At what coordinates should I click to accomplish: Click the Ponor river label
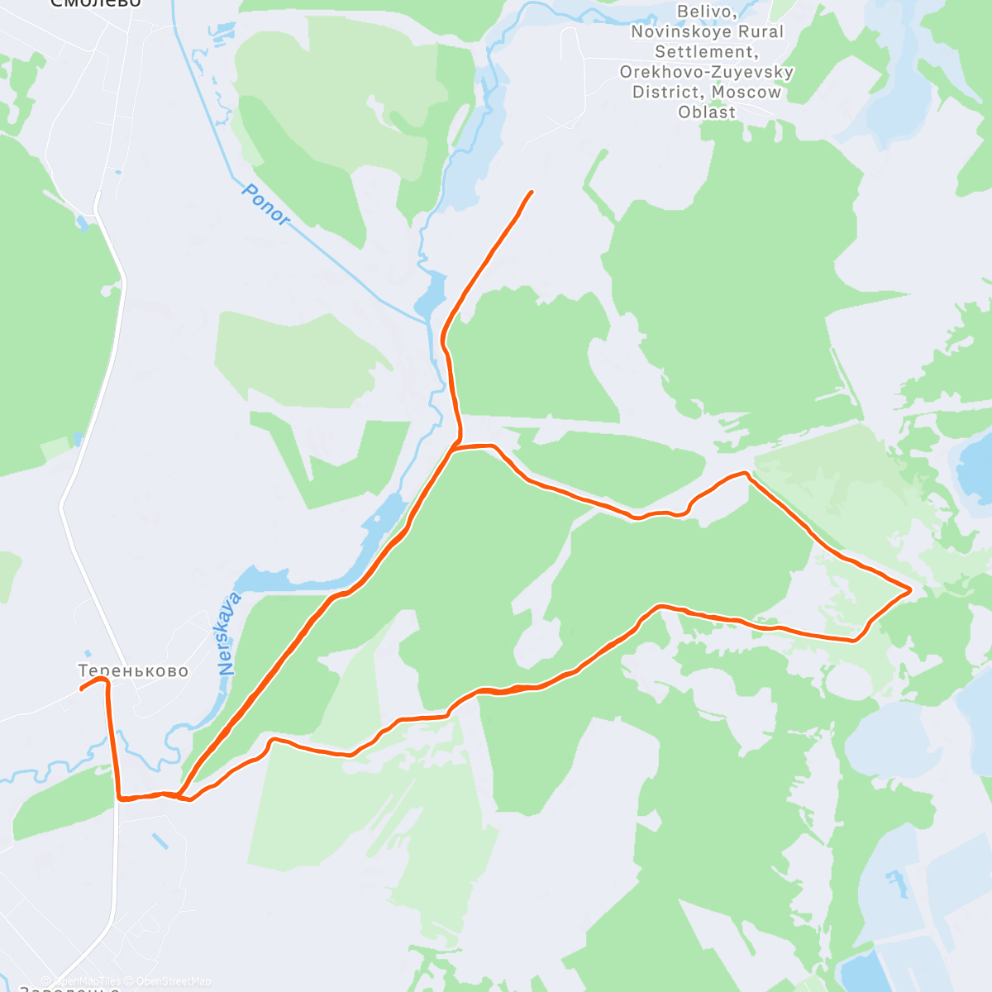click(266, 204)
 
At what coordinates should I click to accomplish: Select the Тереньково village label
click(133, 670)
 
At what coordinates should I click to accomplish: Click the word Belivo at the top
click(706, 12)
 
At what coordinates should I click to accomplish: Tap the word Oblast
click(707, 112)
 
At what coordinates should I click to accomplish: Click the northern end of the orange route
click(531, 192)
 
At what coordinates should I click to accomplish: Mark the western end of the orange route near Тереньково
click(81, 689)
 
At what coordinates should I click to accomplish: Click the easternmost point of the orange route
click(910, 589)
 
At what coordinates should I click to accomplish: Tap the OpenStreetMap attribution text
click(174, 981)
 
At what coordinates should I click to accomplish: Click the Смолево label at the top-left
click(95, 3)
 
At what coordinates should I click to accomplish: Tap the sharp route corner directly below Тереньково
click(122, 799)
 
